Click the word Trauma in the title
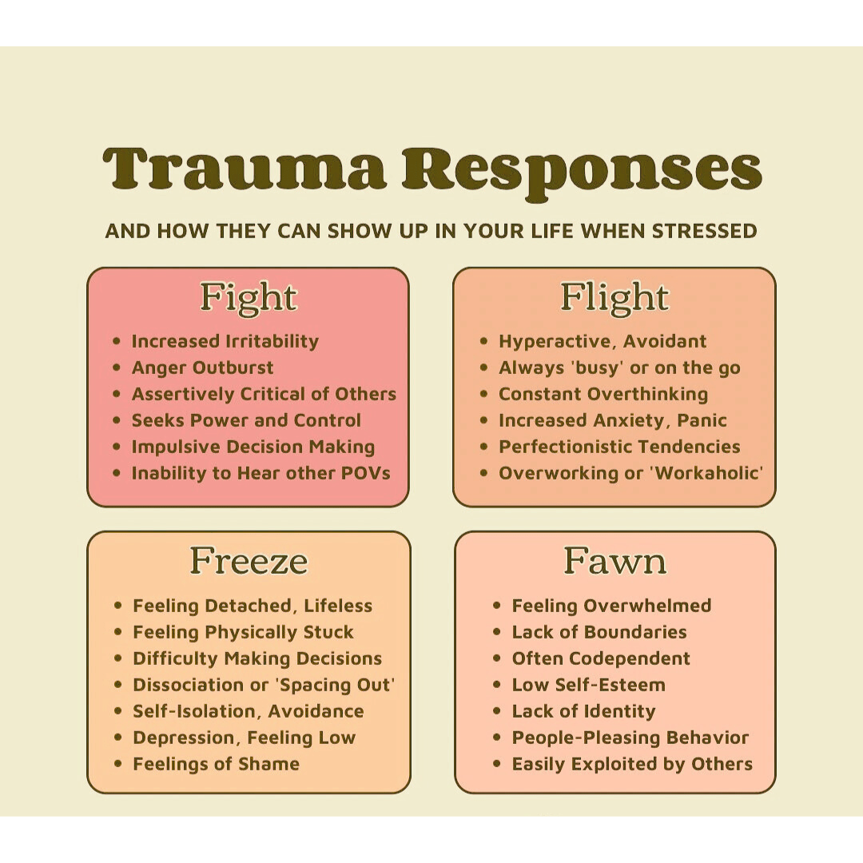[x=245, y=170]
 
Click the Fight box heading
[x=248, y=297]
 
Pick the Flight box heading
[x=614, y=297]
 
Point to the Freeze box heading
[x=249, y=561]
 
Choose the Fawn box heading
[x=614, y=561]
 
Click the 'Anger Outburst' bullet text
[x=202, y=368]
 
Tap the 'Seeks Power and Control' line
[x=246, y=420]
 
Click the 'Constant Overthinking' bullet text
[x=603, y=394]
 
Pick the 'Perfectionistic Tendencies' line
[x=619, y=447]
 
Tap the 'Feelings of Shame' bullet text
[x=216, y=764]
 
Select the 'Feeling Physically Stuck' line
[x=243, y=632]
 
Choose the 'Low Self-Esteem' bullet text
[x=588, y=685]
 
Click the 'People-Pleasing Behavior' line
[x=630, y=738]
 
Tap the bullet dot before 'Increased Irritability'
[x=117, y=341]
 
